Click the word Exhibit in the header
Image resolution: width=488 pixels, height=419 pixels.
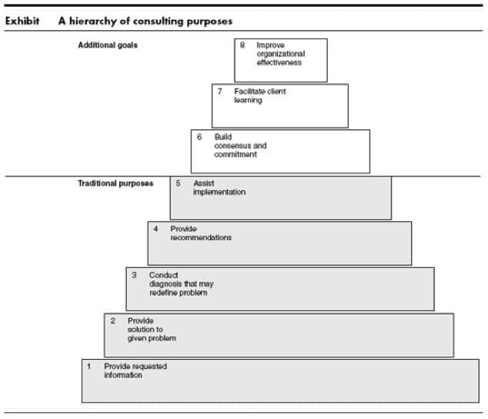click(22, 21)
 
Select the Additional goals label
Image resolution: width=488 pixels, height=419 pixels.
click(108, 45)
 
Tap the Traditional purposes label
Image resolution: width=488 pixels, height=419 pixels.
click(115, 183)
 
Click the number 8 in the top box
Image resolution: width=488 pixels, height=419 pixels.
click(242, 45)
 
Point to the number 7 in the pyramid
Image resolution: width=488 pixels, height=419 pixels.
click(219, 92)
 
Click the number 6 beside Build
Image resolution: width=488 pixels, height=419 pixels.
click(199, 137)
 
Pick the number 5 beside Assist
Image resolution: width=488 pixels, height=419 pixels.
click(178, 183)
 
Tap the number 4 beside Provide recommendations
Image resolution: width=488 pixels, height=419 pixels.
click(155, 229)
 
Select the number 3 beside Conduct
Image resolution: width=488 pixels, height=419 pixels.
click(134, 275)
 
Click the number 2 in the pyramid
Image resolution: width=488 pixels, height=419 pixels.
click(113, 321)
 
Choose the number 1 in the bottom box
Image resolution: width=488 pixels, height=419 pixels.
click(89, 367)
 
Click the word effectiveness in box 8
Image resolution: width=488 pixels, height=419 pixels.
click(279, 62)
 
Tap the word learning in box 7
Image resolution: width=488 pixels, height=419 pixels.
click(248, 100)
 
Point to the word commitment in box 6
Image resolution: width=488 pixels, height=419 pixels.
click(236, 155)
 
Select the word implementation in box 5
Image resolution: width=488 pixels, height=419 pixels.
click(219, 193)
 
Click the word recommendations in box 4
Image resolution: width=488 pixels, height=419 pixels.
click(201, 238)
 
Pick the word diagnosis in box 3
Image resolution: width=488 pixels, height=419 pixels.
click(165, 284)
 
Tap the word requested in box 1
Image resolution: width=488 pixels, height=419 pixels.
click(149, 367)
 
